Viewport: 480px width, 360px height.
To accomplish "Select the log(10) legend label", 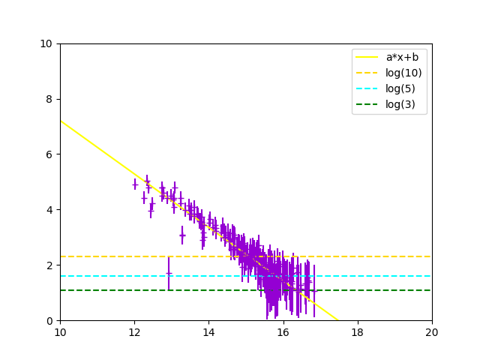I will point(403,73).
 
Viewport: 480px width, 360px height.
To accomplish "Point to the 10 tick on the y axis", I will point(46,43).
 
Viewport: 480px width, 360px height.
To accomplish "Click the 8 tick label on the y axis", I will point(49,99).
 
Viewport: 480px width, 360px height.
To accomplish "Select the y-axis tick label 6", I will point(49,154).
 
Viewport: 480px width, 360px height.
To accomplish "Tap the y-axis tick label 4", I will point(49,210).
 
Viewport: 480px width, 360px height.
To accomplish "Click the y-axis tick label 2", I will point(49,265).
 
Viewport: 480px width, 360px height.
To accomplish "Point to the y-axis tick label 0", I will point(49,321).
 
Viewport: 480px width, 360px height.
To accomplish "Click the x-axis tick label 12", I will point(134,331).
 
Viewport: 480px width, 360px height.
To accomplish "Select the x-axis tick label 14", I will point(208,331).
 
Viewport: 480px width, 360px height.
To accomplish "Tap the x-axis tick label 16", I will point(283,331).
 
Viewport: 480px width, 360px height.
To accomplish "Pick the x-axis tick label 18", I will point(358,331).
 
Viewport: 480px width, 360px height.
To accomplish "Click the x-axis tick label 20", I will point(432,331).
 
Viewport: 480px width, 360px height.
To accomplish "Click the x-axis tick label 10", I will point(60,331).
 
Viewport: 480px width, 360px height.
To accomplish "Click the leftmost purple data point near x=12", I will point(135,184).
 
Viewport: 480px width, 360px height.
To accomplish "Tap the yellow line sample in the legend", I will point(367,57).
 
